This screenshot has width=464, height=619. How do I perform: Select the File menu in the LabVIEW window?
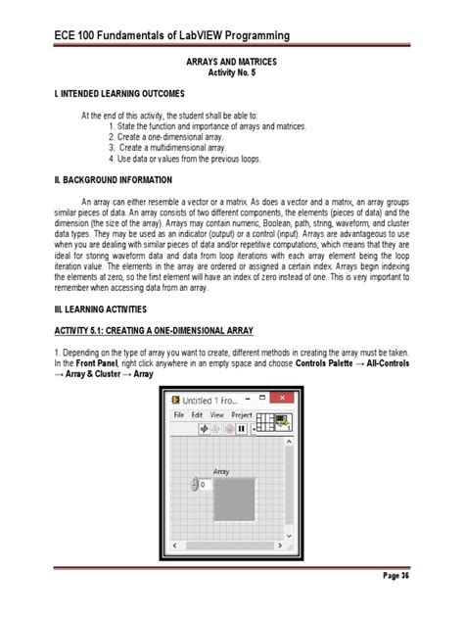pos(180,415)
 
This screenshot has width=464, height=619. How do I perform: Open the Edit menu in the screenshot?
pos(198,415)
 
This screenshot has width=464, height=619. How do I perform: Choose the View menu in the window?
pos(217,415)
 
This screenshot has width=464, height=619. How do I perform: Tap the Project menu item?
pos(241,415)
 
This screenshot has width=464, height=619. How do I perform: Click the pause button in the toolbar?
pos(240,428)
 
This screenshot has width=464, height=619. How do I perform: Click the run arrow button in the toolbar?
pos(204,428)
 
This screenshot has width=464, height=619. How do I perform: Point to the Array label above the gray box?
pos(221,471)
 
